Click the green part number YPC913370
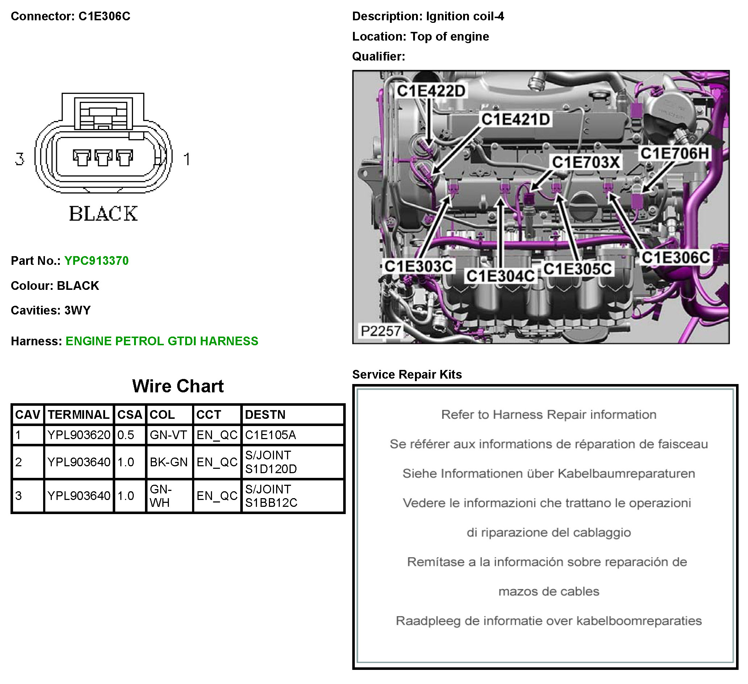coord(96,261)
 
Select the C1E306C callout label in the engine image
coord(676,258)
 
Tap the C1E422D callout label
coord(431,91)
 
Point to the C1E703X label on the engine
coord(586,162)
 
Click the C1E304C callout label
coord(500,276)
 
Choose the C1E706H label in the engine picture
coord(674,153)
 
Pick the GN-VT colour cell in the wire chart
coord(168,435)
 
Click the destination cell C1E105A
coord(270,435)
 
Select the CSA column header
coord(129,414)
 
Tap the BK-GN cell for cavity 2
coord(169,462)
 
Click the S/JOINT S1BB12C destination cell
coord(271,496)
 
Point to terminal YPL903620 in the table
coord(79,435)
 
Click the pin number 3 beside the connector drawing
coord(20,159)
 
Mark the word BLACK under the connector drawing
coord(103,214)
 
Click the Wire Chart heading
coord(178,386)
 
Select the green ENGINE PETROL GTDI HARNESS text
coord(162,341)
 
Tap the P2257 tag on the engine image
coord(381,331)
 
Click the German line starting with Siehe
coord(548,474)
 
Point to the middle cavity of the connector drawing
coord(103,158)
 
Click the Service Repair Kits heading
coord(407,374)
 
